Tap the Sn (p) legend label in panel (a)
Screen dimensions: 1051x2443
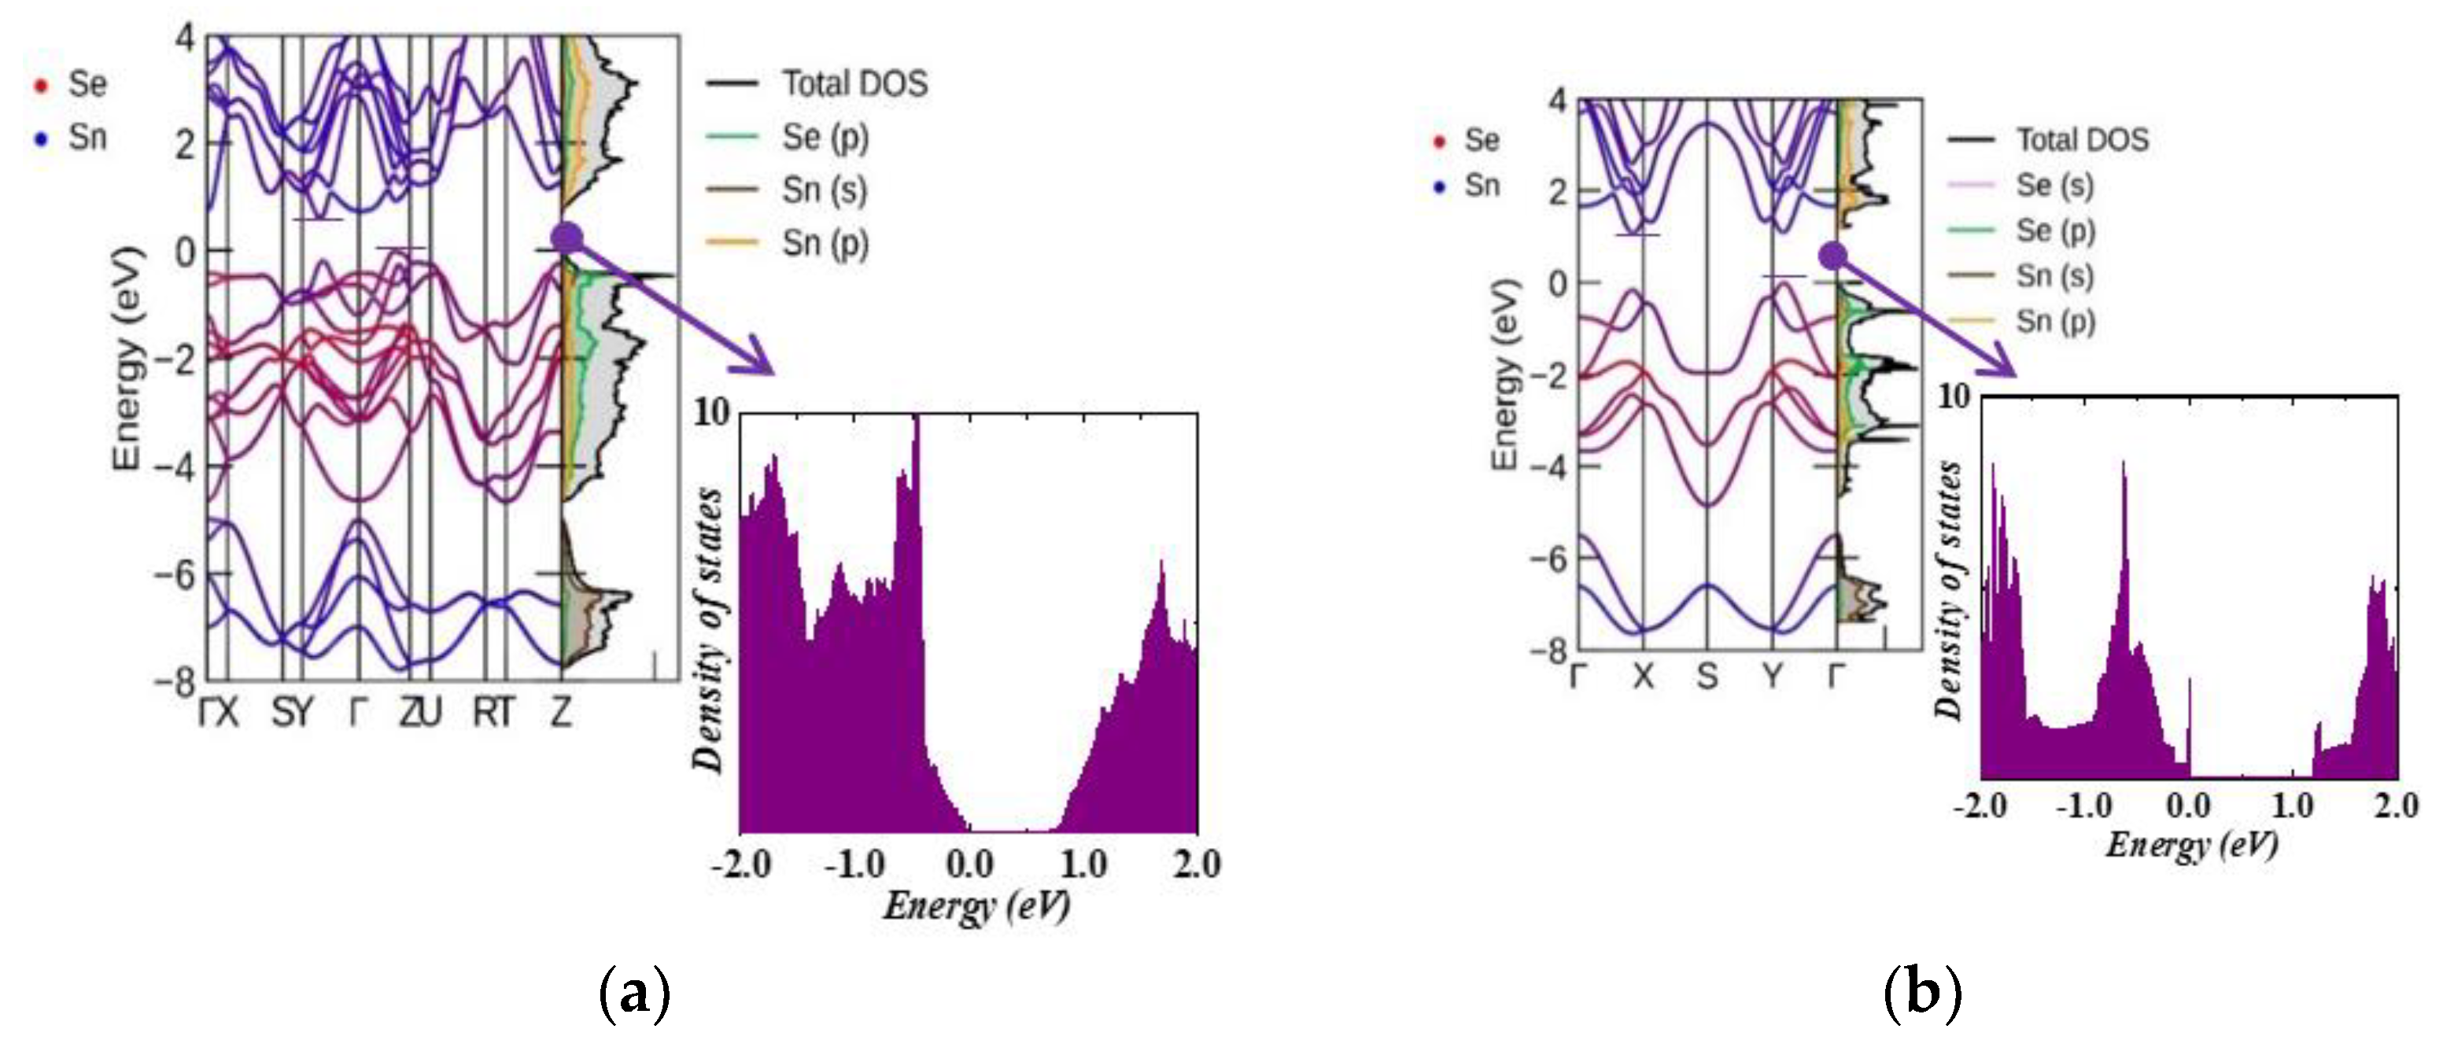(824, 244)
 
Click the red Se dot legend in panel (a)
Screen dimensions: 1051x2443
(41, 86)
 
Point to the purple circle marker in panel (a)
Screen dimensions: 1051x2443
(567, 238)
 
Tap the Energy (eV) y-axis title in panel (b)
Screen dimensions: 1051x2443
(1505, 375)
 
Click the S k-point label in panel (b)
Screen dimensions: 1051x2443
(1707, 677)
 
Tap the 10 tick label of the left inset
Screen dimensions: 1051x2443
(712, 414)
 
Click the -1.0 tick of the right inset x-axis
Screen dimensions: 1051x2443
(2083, 806)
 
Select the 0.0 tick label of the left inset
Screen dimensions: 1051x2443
(969, 864)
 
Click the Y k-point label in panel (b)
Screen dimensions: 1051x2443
(1772, 677)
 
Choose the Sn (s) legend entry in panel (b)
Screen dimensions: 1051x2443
(2054, 276)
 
